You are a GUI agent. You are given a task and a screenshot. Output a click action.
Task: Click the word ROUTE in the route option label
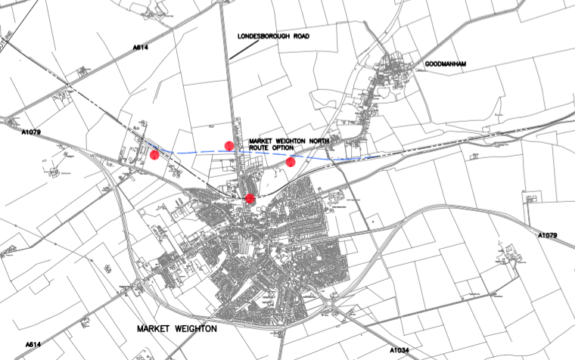(x=263, y=149)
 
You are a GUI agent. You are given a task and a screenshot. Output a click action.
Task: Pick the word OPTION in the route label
(x=294, y=149)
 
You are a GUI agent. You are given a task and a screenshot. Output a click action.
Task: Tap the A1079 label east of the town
(x=547, y=236)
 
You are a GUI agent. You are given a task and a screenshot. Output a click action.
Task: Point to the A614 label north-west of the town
(x=141, y=48)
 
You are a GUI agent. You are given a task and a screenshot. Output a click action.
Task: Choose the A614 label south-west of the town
(x=33, y=345)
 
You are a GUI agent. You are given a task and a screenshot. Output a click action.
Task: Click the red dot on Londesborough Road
(x=228, y=145)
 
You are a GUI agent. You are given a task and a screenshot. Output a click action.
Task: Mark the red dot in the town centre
(x=250, y=198)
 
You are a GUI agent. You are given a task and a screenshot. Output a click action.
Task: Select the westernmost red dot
(x=154, y=155)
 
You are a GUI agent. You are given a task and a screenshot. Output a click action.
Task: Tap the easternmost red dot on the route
(x=290, y=162)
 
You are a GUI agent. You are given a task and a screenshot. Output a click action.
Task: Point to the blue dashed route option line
(x=197, y=152)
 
